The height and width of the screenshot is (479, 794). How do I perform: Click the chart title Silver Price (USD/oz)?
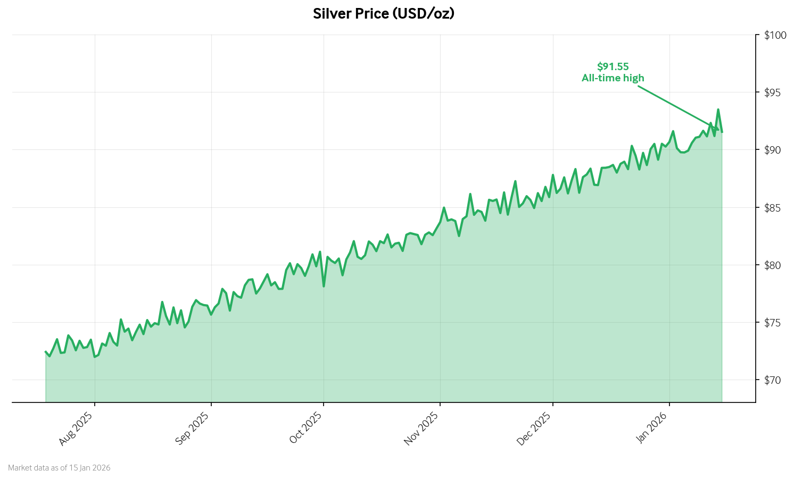[383, 14]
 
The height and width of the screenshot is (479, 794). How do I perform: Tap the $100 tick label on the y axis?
[775, 35]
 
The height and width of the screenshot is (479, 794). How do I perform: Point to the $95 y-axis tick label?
[775, 93]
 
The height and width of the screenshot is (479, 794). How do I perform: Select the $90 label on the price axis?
[775, 150]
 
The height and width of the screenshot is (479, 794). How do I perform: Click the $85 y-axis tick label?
[775, 207]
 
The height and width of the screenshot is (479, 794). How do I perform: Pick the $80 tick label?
[775, 265]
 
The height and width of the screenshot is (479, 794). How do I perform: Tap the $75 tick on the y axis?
[775, 323]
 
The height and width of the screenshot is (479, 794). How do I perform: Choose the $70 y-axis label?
[775, 380]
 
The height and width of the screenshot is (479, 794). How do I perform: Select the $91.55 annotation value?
[613, 66]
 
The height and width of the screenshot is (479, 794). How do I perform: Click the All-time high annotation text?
[613, 78]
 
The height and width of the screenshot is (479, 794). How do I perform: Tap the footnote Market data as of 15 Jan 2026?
[59, 468]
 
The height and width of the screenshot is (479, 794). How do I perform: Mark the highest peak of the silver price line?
[718, 110]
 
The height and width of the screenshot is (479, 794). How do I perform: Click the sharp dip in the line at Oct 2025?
[324, 286]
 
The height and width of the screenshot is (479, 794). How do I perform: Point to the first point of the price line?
[46, 351]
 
